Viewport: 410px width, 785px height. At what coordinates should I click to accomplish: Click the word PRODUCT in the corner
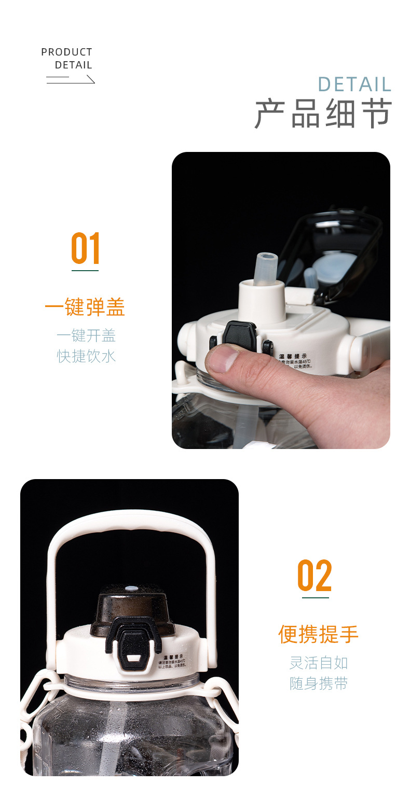(x=66, y=52)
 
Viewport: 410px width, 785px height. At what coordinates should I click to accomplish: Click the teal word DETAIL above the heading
(x=354, y=85)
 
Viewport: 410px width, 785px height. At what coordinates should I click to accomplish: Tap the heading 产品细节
(x=323, y=114)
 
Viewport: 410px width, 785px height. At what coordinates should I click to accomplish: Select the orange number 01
(x=86, y=249)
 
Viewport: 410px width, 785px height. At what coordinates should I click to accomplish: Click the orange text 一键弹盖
(x=85, y=307)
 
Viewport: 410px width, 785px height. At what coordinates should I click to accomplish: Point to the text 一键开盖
(x=86, y=335)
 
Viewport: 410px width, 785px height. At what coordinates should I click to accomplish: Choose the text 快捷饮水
(x=86, y=356)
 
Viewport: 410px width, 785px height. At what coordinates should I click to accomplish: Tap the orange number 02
(x=315, y=576)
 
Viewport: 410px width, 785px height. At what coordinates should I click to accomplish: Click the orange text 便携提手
(x=318, y=634)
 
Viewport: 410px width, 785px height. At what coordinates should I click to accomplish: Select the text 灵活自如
(x=319, y=663)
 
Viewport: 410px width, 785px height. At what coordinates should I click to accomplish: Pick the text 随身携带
(x=319, y=683)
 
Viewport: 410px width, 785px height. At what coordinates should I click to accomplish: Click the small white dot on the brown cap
(x=132, y=589)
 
